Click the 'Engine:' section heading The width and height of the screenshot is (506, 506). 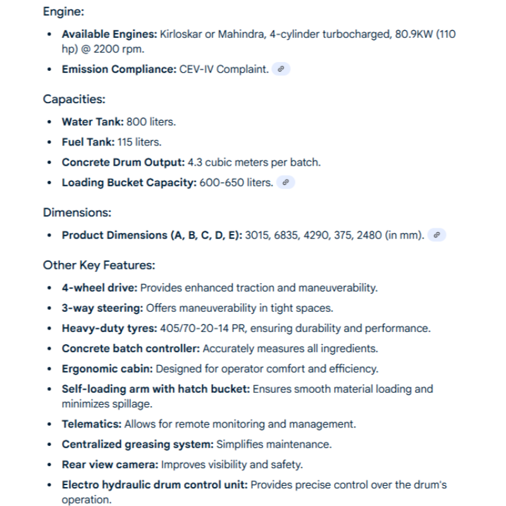[x=63, y=11]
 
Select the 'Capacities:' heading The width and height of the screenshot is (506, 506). [x=74, y=99]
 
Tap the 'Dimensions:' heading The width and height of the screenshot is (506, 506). [x=77, y=213]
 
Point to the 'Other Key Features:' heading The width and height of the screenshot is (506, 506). [x=99, y=265]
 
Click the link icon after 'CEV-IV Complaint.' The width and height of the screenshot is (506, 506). [x=281, y=69]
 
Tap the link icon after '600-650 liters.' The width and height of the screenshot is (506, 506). [x=286, y=182]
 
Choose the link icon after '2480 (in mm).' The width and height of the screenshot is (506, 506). [x=436, y=235]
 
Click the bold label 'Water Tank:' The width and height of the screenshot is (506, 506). [x=92, y=121]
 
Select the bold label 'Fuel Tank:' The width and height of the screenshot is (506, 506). [x=88, y=142]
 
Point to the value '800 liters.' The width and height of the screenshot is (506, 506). [x=151, y=121]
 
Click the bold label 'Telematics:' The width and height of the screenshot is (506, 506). [x=91, y=424]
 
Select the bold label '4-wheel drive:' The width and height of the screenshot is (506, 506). [x=99, y=288]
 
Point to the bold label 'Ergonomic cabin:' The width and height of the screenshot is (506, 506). [x=107, y=368]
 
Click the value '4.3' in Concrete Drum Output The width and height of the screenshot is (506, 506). [x=195, y=162]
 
